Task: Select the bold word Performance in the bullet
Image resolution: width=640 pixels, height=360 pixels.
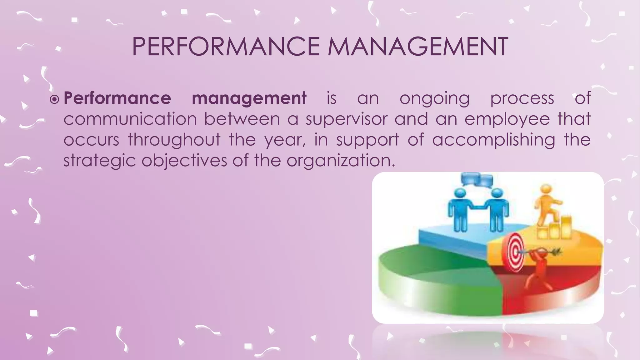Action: (117, 98)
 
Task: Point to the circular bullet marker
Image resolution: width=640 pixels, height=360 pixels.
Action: (54, 100)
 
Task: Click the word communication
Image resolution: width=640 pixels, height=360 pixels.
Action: (130, 119)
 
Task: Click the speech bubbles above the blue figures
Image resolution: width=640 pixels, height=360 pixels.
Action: (477, 180)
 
